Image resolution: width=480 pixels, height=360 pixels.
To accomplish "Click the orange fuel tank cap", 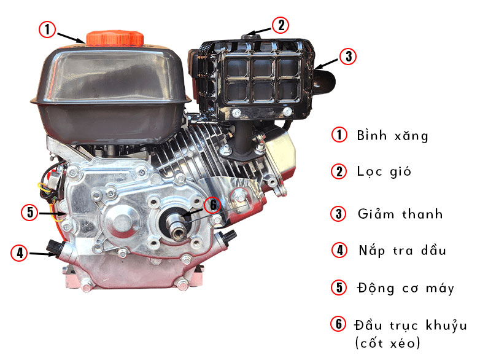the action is [x=115, y=38].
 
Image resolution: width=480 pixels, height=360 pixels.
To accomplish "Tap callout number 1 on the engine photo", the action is [x=47, y=29].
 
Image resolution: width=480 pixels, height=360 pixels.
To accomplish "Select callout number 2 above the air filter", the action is [x=281, y=25].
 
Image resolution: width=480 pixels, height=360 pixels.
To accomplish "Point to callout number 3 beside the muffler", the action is [x=349, y=57].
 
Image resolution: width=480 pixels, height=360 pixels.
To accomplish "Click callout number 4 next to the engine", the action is [x=19, y=252].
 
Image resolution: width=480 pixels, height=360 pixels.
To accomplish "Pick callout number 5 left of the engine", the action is [x=29, y=212].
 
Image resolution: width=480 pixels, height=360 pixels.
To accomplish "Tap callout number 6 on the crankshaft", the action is [x=213, y=205].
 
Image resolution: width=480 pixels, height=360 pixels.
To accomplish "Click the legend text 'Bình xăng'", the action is [x=392, y=136].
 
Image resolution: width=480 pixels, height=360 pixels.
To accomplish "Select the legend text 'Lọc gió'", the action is [x=384, y=171].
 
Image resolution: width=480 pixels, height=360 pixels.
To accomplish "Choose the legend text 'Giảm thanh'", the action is [x=400, y=214].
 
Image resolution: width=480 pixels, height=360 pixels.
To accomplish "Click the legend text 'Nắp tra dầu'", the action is [x=402, y=251].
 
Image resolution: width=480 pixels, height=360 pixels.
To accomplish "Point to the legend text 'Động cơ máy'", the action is [x=406, y=288].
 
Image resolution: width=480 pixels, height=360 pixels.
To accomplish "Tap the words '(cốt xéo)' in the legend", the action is [x=387, y=343].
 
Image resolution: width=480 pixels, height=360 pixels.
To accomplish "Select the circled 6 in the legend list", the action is [x=338, y=324].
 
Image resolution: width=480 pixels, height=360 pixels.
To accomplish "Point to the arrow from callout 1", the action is [x=71, y=37].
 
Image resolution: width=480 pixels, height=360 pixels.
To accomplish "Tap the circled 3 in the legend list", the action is [x=339, y=214].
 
